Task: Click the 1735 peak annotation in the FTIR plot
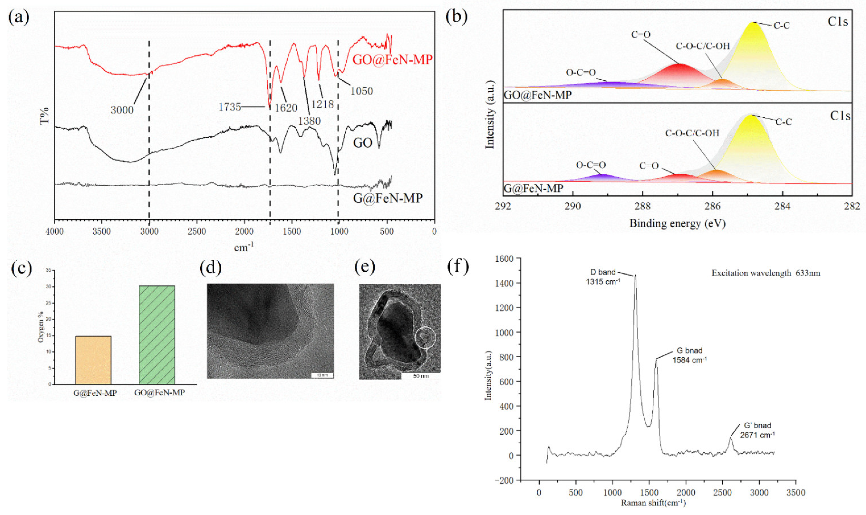pos(229,107)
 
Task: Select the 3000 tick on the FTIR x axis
pos(149,232)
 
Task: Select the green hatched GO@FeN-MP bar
pos(157,335)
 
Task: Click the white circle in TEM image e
pos(425,337)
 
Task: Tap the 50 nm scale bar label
pos(421,376)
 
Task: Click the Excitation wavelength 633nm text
pos(766,273)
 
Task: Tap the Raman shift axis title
pos(653,503)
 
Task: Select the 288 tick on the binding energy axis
pos(642,206)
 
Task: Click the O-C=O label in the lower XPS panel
pos(591,165)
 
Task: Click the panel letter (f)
pos(458,266)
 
